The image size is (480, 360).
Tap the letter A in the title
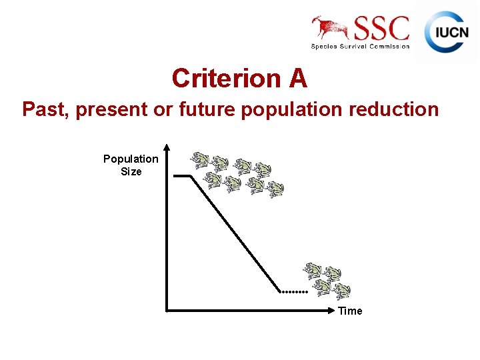[x=298, y=79]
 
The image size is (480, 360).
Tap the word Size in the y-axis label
[x=131, y=171]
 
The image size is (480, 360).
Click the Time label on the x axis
[x=350, y=311]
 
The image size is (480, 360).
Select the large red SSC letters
[x=381, y=29]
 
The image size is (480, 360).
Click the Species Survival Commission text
[x=360, y=46]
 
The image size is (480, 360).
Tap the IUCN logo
[x=447, y=31]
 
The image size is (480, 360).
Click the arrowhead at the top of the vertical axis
[x=167, y=147]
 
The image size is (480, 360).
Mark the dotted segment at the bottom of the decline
[x=293, y=292]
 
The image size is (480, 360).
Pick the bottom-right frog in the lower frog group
[x=341, y=291]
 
